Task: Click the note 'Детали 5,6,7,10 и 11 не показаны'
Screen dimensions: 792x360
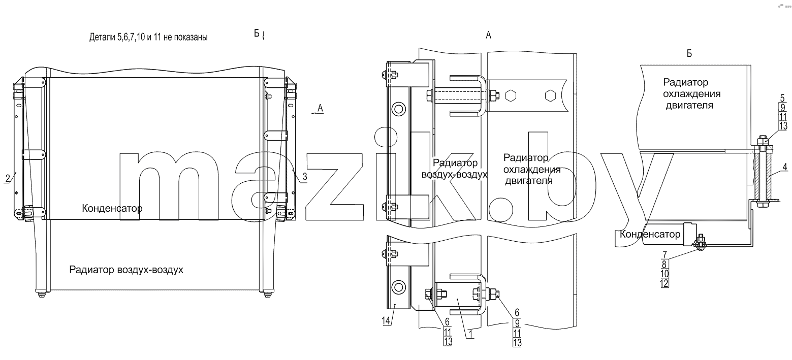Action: tap(148, 37)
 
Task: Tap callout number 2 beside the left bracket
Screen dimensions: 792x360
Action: tap(8, 178)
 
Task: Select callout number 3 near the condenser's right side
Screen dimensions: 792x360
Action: tap(304, 177)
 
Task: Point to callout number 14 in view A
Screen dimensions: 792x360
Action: tap(386, 321)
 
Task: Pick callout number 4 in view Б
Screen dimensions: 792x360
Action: tap(784, 167)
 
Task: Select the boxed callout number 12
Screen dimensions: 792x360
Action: tap(664, 283)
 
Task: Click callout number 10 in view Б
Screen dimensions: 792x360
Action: tap(664, 274)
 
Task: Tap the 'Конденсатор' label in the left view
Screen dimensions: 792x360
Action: tap(112, 208)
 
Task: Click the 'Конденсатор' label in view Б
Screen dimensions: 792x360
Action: tap(650, 234)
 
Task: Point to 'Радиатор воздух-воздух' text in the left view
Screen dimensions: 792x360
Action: tap(126, 270)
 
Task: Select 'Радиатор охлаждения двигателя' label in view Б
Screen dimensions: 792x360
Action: tap(691, 93)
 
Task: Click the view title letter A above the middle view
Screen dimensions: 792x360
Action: tap(488, 35)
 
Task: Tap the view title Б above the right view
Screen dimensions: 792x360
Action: tap(689, 53)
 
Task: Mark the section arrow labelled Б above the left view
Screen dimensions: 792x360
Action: tap(264, 36)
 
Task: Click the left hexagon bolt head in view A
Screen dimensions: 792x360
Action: tap(511, 96)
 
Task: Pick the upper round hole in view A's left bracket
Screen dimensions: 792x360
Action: tap(399, 109)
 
